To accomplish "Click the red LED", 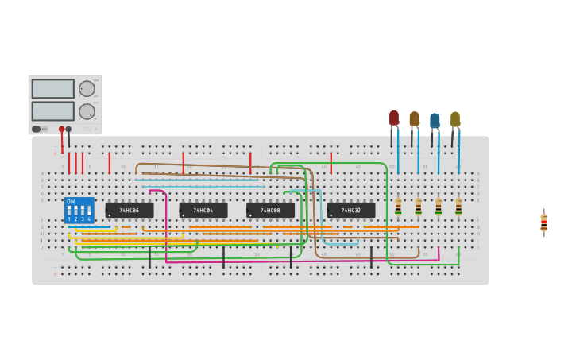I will pos(393,119).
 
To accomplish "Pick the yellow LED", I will pos(455,120).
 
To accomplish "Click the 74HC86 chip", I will pos(130,211).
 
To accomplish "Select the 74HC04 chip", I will pos(203,211).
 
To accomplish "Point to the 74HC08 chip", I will pos(270,211).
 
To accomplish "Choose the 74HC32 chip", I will pos(351,211).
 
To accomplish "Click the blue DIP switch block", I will pos(79,211).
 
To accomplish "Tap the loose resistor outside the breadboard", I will pos(543,223).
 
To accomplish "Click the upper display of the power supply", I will pos(53,88).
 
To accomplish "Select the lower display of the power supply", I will pos(53,110).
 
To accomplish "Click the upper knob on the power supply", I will pos(86,88).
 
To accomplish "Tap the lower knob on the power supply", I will pos(86,111).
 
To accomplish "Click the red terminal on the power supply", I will pos(61,129).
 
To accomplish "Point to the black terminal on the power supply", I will pos(68,129).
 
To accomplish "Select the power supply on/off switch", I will pos(37,129).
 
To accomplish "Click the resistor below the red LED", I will pos(398,207).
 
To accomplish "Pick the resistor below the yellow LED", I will pos(458,207).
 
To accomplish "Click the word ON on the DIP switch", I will pos(71,202).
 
